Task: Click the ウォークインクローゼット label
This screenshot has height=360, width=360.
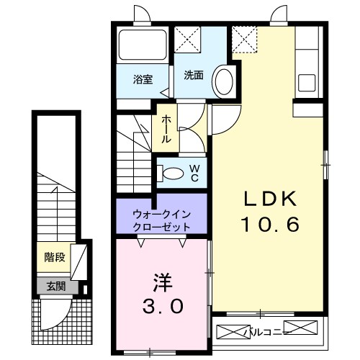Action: [x=161, y=220]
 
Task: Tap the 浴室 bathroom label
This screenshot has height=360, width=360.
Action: [x=142, y=79]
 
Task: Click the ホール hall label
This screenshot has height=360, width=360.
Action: [x=166, y=129]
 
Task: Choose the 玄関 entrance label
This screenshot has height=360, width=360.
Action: [x=57, y=286]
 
